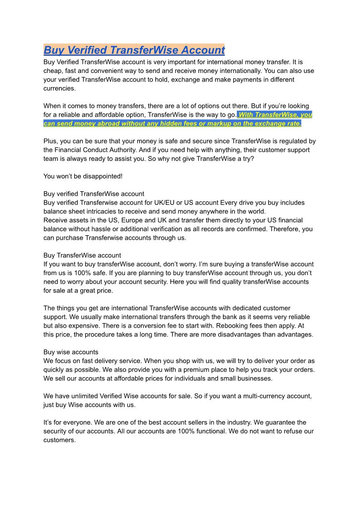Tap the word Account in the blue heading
[x=202, y=50]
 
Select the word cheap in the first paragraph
[x=53, y=71]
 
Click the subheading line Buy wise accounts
[x=71, y=352]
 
